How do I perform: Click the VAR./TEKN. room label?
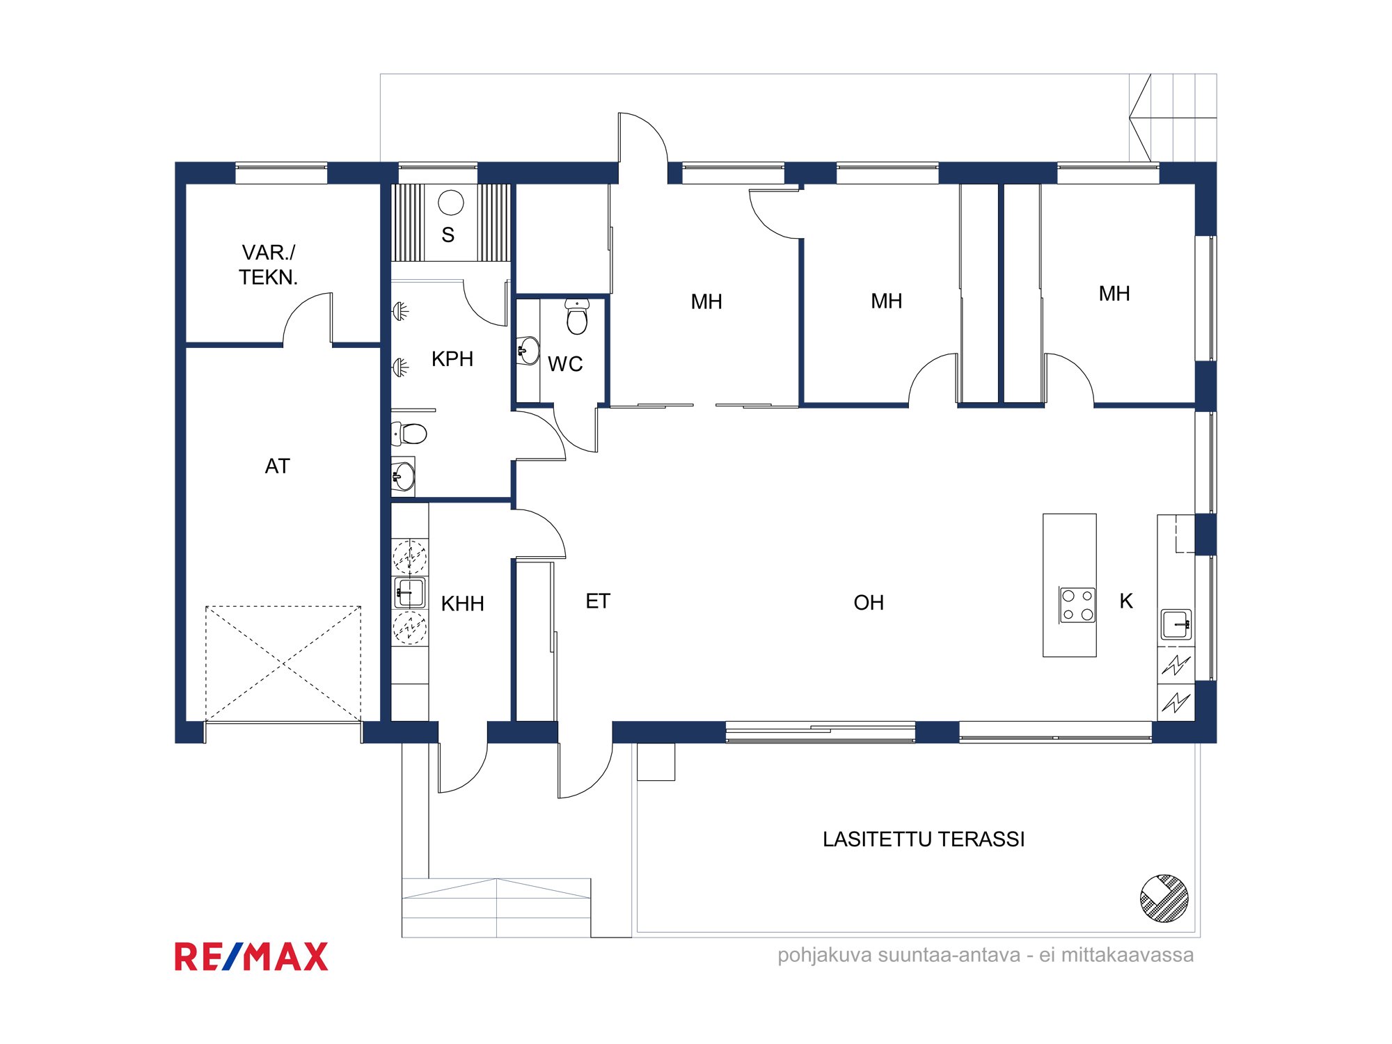point(268,264)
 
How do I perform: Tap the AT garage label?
point(277,466)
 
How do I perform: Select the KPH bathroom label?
point(452,358)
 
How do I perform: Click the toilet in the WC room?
point(577,317)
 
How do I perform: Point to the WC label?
point(565,363)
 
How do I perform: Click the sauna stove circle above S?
point(451,203)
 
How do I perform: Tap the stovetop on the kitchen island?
point(1077,604)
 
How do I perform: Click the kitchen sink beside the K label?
point(1176,624)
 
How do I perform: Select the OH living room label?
point(869,602)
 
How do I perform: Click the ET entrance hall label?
point(598,601)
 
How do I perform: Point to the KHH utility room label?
point(463,603)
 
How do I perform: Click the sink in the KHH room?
point(409,592)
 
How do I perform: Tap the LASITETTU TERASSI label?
point(924,839)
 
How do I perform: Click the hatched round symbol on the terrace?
point(1164,899)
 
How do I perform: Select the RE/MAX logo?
point(251,956)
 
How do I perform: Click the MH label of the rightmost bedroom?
point(1114,293)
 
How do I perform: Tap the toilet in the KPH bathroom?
point(409,434)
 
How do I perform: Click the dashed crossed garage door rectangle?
point(283,664)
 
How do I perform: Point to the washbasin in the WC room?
point(528,350)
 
